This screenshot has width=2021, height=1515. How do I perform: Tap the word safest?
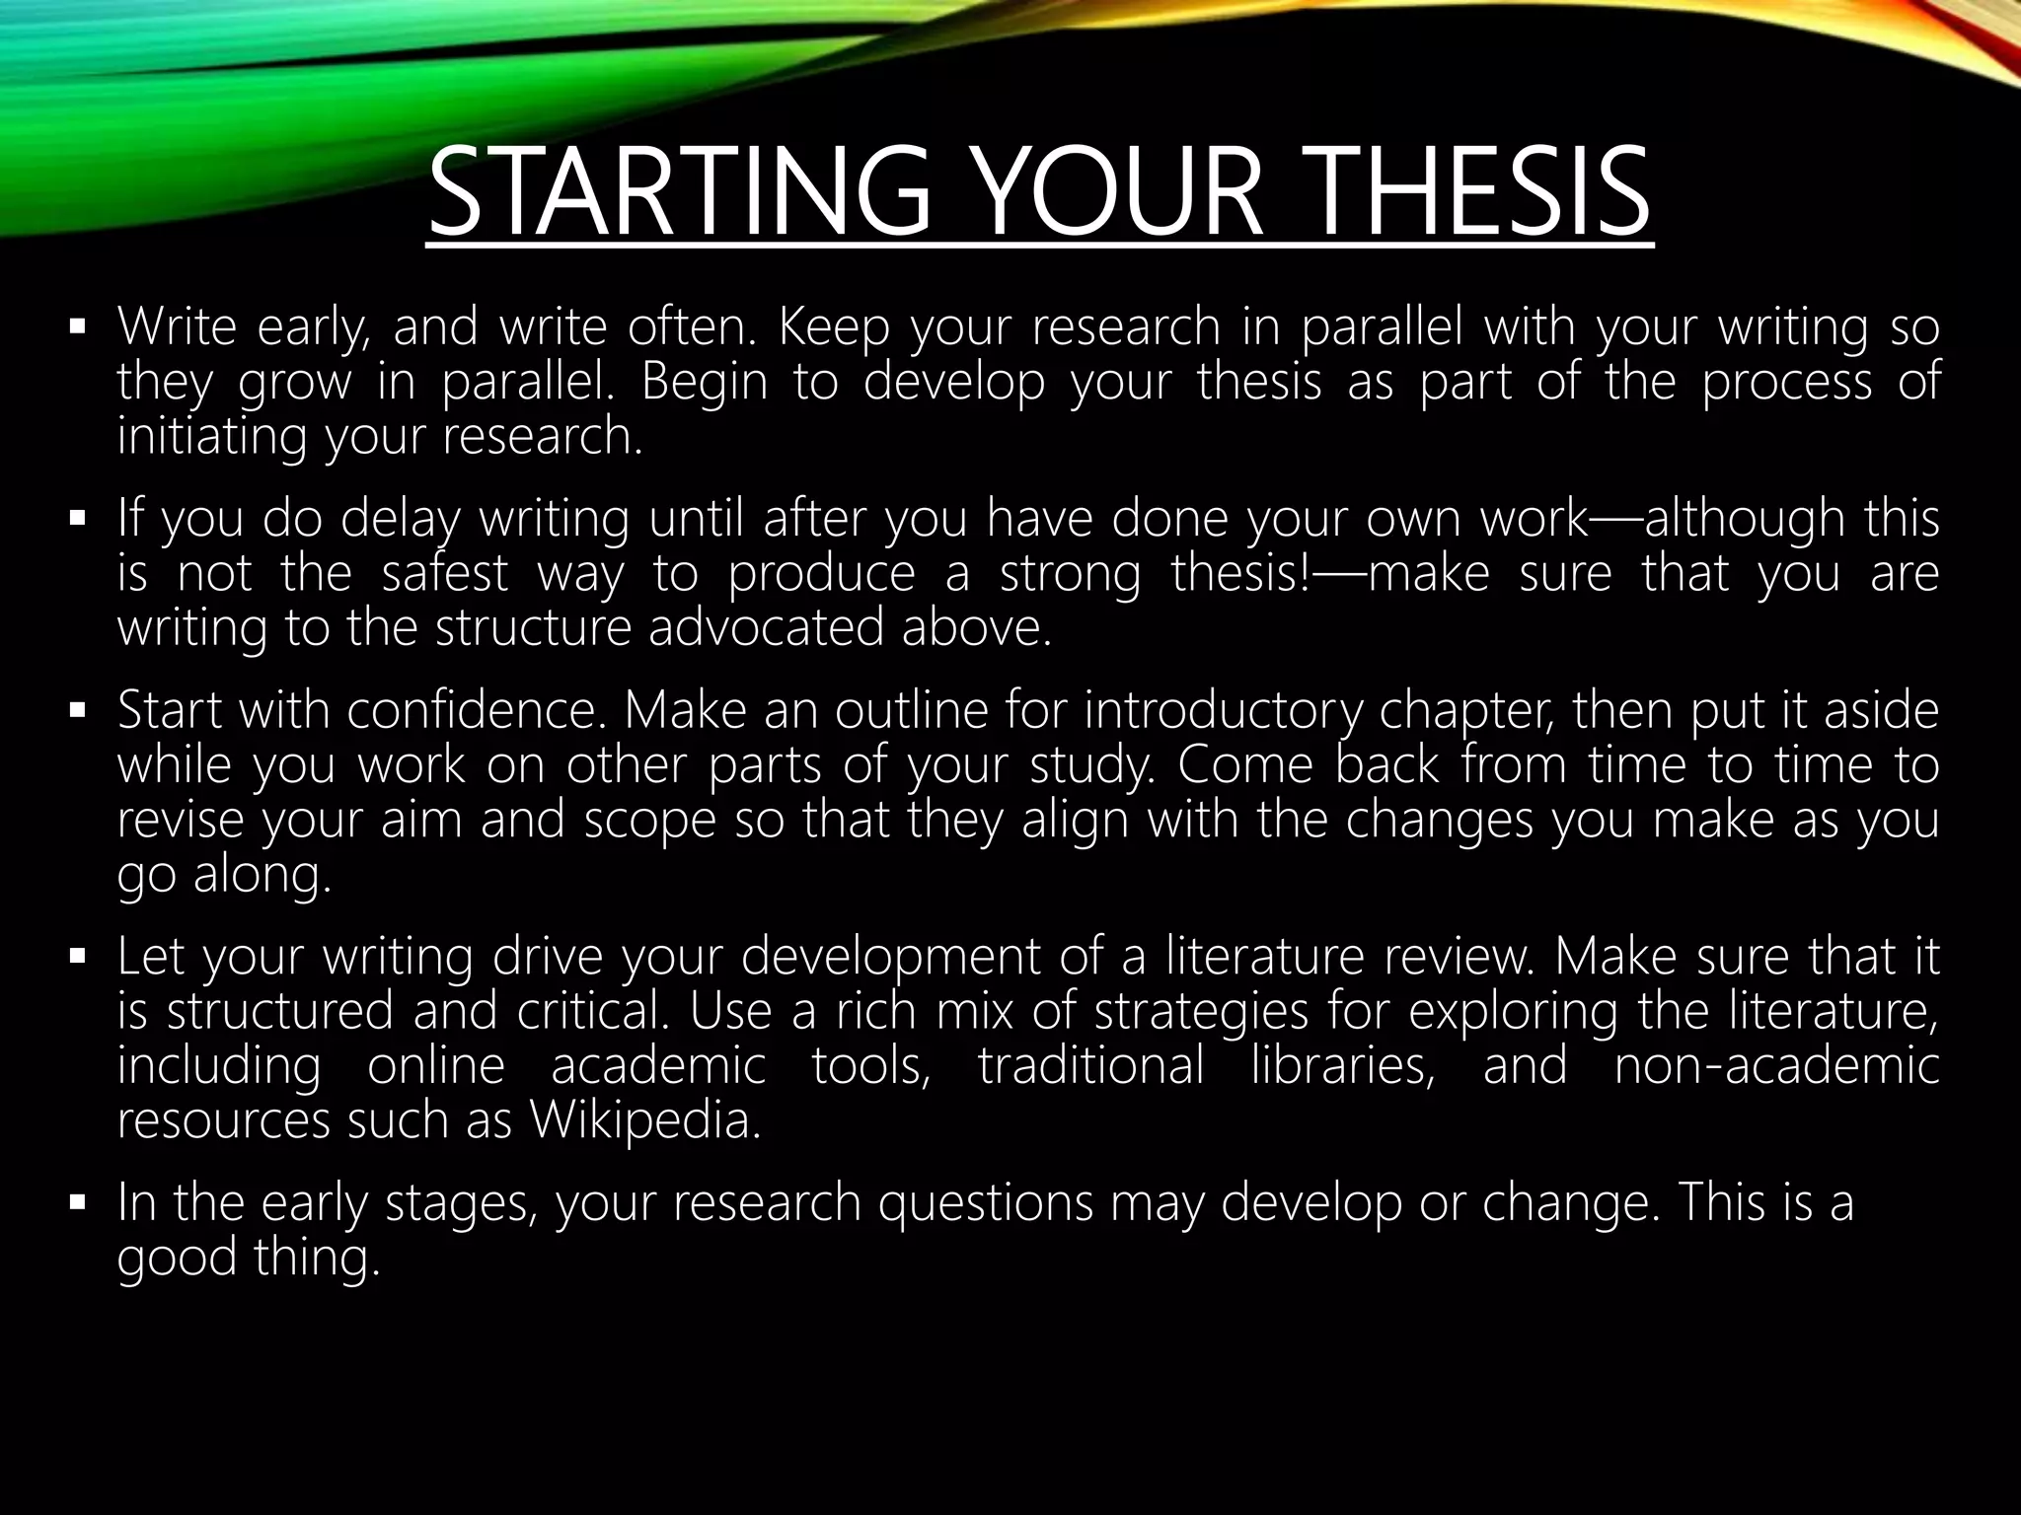pyautogui.click(x=445, y=573)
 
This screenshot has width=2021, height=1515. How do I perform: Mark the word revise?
pyautogui.click(x=179, y=821)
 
